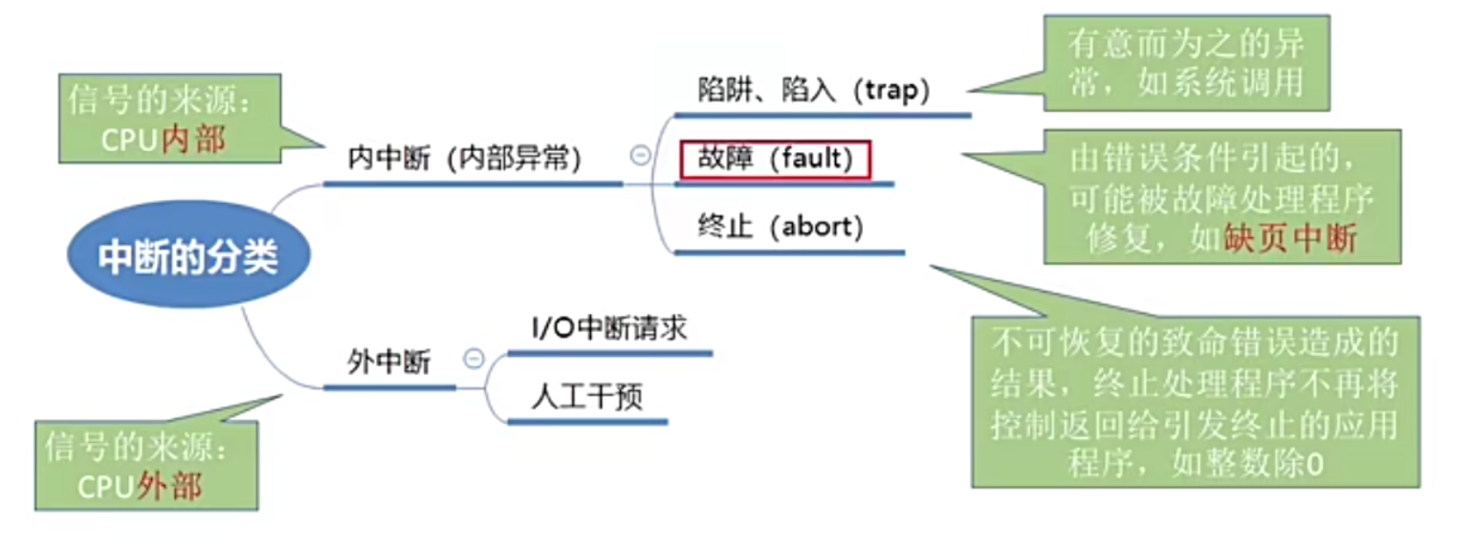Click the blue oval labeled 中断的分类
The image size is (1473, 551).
point(188,257)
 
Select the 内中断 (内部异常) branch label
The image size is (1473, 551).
point(465,159)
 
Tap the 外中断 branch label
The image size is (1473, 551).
point(389,363)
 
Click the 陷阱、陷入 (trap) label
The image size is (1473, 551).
point(814,90)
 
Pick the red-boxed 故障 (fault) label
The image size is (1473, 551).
point(775,159)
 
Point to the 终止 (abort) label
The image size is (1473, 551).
point(780,228)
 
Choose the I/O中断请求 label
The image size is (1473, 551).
point(609,328)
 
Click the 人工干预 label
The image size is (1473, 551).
point(586,397)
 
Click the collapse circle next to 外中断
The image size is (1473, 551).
point(473,359)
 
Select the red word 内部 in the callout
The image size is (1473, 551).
point(194,140)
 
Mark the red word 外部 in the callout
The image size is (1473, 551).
point(169,486)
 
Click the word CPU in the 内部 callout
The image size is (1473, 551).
point(131,140)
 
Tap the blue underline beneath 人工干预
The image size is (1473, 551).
point(586,421)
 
